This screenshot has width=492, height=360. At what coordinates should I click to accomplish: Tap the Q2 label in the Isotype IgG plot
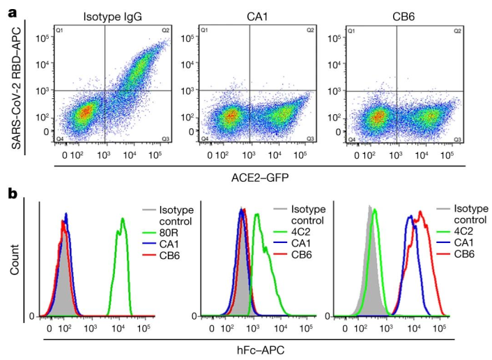165,31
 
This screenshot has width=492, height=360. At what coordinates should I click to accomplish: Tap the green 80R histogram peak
123,220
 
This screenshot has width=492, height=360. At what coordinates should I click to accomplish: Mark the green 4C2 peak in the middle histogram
256,215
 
